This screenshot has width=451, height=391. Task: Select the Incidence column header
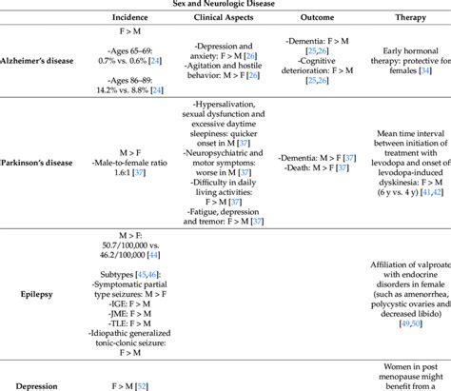(129, 17)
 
